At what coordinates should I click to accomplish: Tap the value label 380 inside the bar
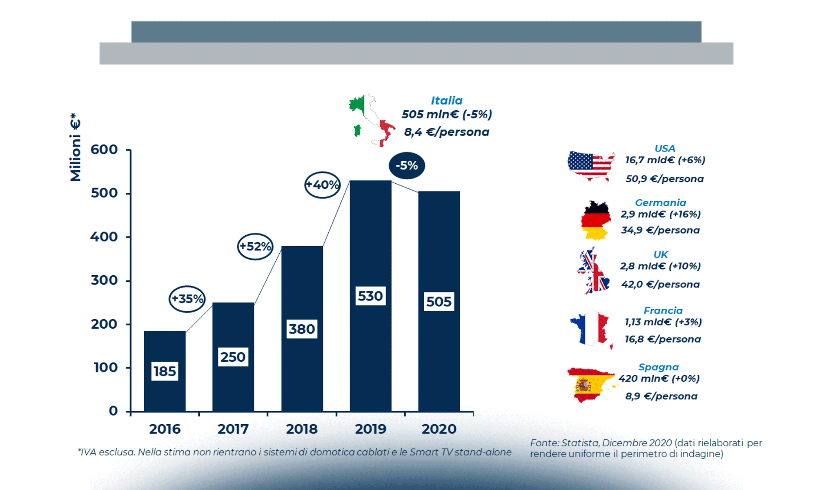[302, 329]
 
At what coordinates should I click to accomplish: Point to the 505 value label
[439, 302]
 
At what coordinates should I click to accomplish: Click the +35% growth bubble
[187, 299]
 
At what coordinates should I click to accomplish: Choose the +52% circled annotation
[255, 247]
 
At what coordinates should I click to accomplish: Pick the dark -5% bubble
[407, 165]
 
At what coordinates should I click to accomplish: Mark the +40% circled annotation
[323, 185]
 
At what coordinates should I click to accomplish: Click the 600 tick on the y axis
[104, 149]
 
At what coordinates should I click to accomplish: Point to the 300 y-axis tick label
[104, 281]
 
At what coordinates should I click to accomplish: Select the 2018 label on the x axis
[302, 429]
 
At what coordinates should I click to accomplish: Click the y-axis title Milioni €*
[76, 147]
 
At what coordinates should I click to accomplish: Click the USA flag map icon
[591, 165]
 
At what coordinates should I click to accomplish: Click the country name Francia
[663, 311]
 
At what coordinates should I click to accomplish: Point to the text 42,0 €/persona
[660, 285]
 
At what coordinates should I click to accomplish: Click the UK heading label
[661, 255]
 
